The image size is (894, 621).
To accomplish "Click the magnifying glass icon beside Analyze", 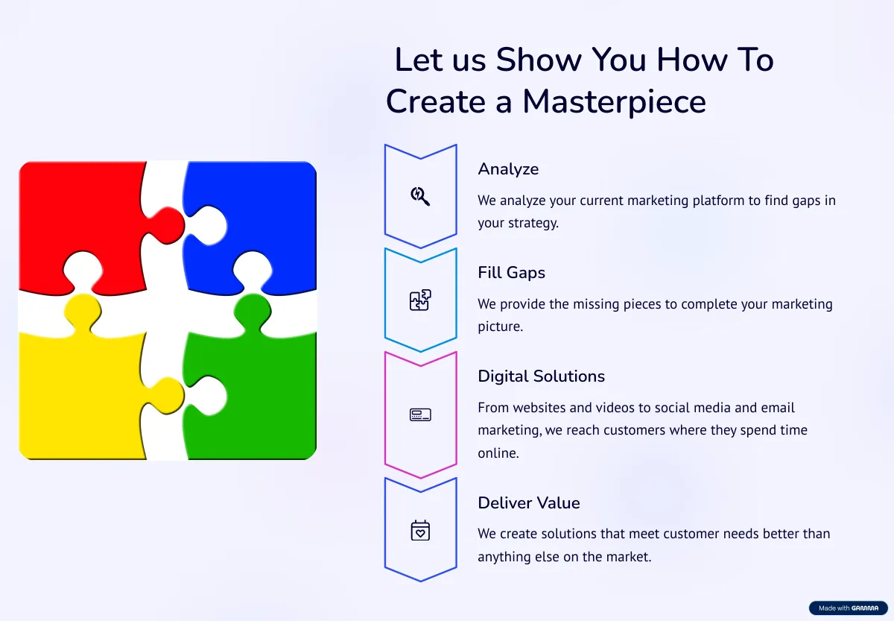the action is tap(420, 196).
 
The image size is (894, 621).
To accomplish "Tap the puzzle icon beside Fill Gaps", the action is tap(420, 300).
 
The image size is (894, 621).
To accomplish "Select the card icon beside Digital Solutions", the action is tap(420, 414).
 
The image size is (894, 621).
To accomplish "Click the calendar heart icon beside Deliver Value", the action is tap(420, 530).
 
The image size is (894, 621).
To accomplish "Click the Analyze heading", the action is tap(508, 169).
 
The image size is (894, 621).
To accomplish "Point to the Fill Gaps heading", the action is tap(511, 273).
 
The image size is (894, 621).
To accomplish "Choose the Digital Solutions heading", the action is tap(541, 376).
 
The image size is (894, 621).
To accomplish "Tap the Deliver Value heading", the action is tap(529, 502).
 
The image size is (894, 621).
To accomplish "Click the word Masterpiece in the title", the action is tap(614, 102).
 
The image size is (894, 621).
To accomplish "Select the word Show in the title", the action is tap(539, 60).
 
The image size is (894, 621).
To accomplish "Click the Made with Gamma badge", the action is tap(848, 608).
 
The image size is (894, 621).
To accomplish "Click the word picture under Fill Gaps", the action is tap(501, 327).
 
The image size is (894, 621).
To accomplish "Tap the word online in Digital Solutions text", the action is tap(498, 453).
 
